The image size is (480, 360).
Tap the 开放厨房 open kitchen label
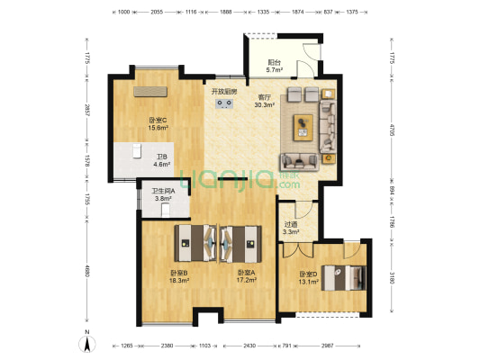point(224,92)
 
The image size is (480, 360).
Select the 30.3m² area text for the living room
point(265,104)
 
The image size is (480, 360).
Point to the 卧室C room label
point(158,121)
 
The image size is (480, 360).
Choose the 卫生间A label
point(163,190)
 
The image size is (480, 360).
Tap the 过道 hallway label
point(290,226)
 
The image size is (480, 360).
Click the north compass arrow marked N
point(86,340)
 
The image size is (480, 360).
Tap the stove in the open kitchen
point(225,103)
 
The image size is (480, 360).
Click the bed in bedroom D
point(341,276)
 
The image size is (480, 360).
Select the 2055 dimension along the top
point(157,13)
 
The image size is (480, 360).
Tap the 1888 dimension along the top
point(226,13)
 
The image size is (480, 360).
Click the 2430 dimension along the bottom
point(249,346)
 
